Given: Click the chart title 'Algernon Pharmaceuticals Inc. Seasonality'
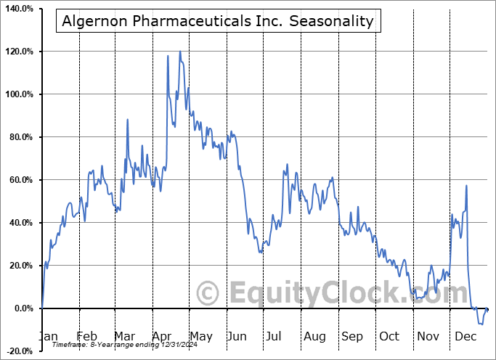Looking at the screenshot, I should (218, 21).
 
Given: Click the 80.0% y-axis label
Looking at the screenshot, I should (19, 137).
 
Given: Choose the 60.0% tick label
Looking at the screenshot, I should (19, 180).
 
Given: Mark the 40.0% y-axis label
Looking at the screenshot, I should (19, 223).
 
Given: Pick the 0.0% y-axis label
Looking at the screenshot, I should (21, 308).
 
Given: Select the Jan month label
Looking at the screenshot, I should (47, 336).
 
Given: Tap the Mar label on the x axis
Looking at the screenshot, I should (124, 336).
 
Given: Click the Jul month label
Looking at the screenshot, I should (275, 336).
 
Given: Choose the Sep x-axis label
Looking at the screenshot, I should (352, 336).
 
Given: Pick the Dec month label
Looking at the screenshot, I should (465, 336).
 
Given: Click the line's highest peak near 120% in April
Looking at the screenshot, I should (179, 52).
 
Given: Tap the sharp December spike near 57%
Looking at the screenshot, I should (466, 187).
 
